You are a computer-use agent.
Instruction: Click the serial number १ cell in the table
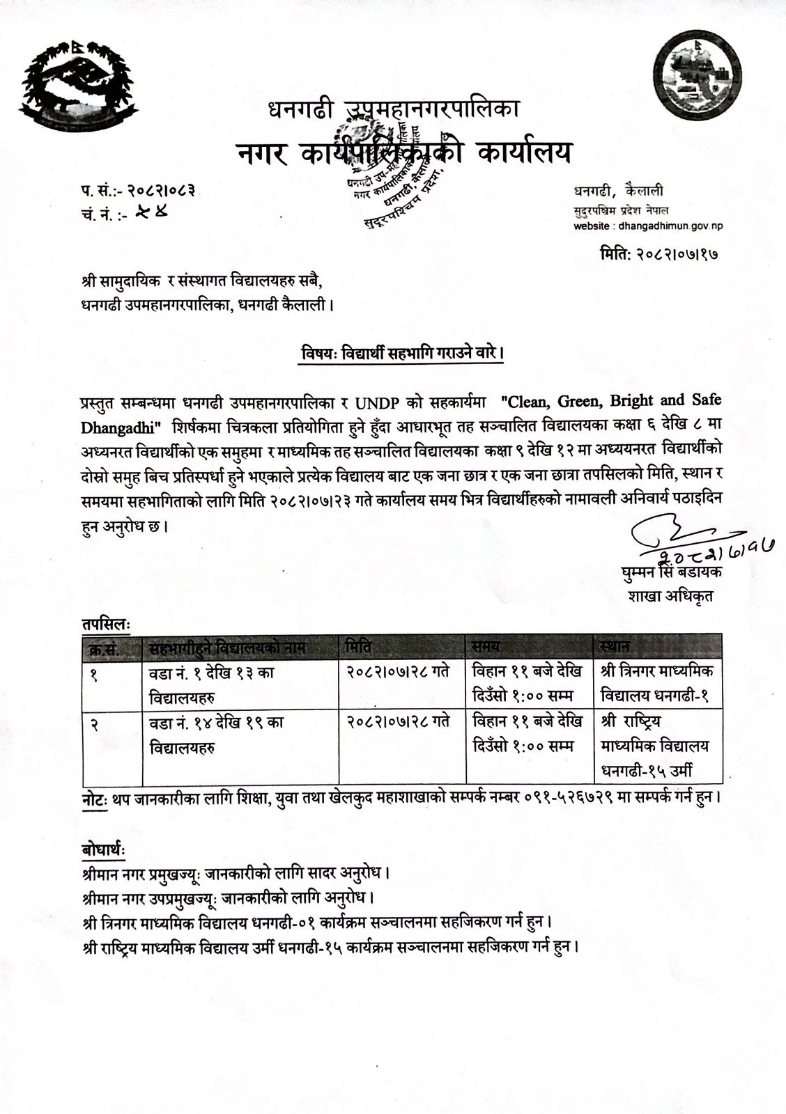(95, 673)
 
